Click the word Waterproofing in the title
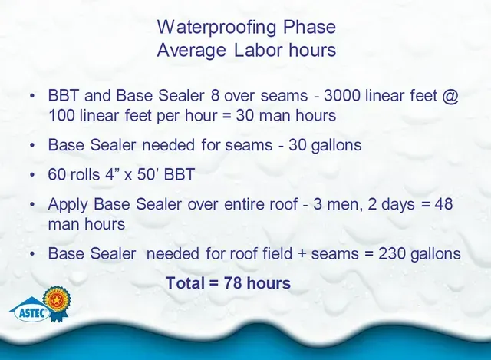click(216, 28)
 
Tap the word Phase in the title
click(309, 27)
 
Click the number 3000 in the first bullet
click(342, 95)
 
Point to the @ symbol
click(450, 96)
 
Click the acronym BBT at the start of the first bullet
click(63, 95)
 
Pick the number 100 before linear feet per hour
click(61, 116)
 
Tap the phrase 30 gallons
click(325, 145)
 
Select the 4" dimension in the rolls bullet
click(112, 174)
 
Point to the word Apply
click(68, 205)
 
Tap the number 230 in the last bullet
click(391, 253)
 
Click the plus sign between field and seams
click(302, 254)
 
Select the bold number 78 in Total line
click(232, 283)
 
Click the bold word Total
click(185, 283)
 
